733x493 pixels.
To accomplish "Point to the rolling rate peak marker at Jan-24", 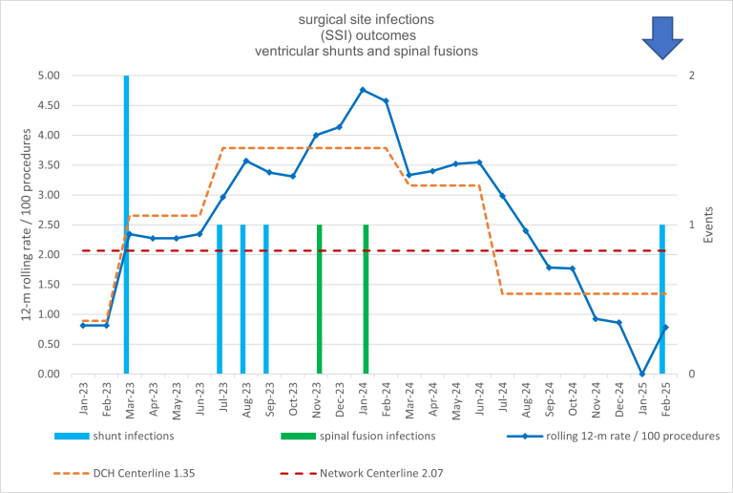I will tap(363, 90).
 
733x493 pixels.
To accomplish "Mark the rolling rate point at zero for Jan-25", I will tap(641, 374).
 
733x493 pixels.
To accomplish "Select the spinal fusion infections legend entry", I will tap(357, 436).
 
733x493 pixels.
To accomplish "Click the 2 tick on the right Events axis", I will tap(691, 75).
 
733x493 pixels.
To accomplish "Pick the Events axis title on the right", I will tap(708, 225).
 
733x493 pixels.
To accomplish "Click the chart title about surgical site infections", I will tap(366, 35).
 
